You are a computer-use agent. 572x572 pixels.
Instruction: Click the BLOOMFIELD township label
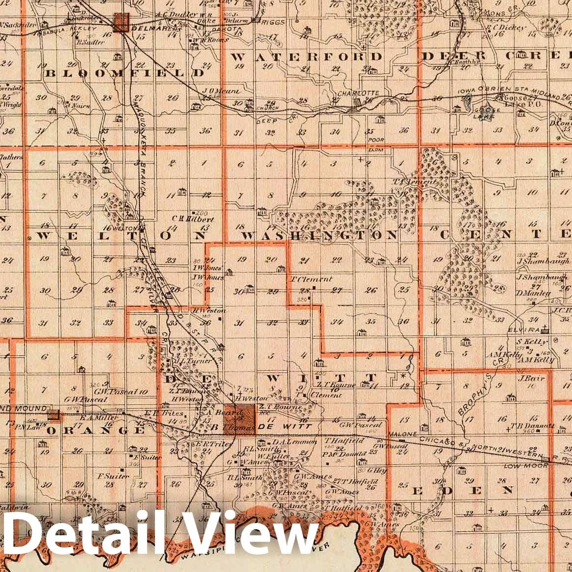coord(125,73)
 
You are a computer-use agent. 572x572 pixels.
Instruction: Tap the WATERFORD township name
coord(306,56)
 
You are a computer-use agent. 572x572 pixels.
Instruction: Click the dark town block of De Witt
coord(239,420)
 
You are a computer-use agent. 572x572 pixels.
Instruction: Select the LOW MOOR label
coord(521,466)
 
